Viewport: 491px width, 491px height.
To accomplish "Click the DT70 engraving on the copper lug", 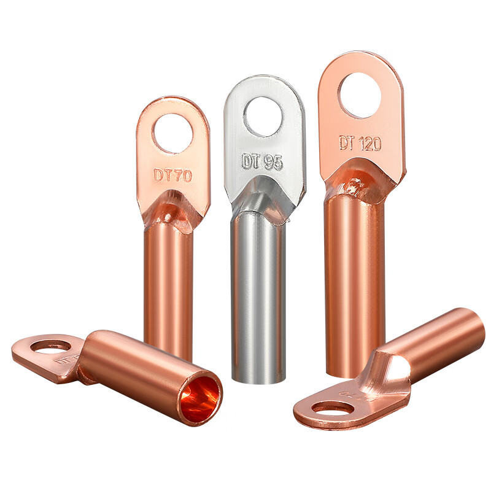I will tap(172, 175).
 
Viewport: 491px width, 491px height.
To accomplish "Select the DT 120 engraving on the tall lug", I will tap(360, 144).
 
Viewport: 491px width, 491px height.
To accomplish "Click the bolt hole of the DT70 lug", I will tap(172, 133).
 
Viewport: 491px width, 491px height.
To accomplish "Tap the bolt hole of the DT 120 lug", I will tap(360, 95).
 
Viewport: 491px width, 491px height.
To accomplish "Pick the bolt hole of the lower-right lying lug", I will tap(333, 408).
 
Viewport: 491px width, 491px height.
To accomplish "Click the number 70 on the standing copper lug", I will tap(182, 175).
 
